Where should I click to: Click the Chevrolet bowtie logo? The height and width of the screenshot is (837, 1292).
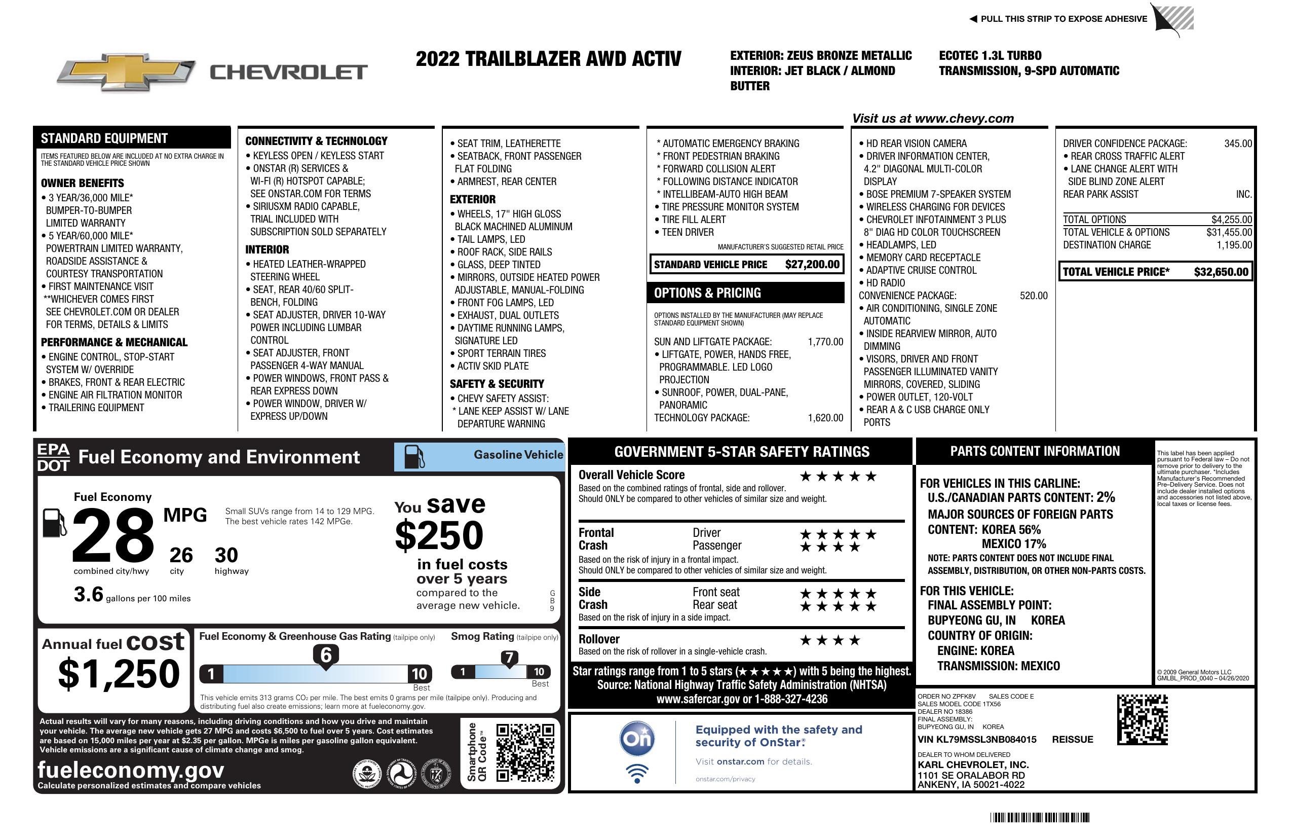pos(126,72)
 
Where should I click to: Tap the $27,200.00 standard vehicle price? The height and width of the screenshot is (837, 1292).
pos(812,265)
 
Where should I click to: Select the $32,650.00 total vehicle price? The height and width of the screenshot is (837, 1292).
pos(1221,272)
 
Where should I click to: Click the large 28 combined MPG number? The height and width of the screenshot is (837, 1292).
pos(113,535)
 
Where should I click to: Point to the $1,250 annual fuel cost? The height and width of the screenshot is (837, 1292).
pos(119,674)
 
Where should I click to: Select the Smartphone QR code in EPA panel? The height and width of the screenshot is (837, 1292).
pos(525,752)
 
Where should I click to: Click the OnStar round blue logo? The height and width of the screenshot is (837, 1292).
pos(637,738)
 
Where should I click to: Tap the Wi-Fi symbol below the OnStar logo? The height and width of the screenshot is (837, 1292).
pos(637,773)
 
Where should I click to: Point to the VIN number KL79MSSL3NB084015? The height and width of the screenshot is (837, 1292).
pos(977,739)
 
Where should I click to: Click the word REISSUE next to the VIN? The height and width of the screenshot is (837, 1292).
pos(1072,739)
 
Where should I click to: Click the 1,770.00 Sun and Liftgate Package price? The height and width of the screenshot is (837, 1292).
pos(825,342)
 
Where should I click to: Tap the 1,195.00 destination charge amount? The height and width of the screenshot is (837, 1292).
pos(1234,245)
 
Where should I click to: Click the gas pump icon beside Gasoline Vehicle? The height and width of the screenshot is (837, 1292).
pos(414,457)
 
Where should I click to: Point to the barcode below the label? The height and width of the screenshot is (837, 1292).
pos(1039,817)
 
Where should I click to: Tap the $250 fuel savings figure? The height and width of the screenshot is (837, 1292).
pos(439,535)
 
